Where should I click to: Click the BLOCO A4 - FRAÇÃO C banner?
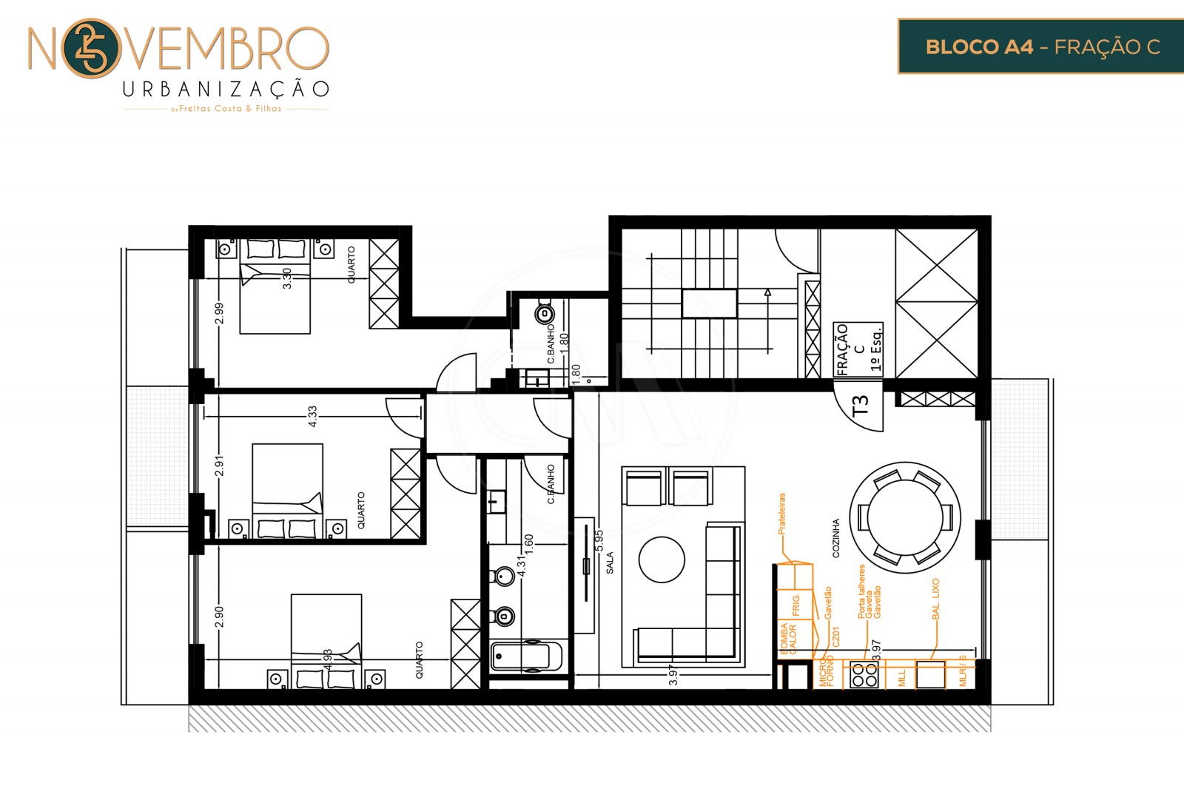(1042, 47)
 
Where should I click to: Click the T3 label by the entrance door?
(860, 405)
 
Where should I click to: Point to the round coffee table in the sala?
(662, 560)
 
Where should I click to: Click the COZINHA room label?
(836, 538)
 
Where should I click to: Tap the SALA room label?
(610, 562)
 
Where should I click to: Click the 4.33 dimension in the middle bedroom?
(312, 416)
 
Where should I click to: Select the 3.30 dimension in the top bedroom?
(287, 278)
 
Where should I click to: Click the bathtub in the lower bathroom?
(526, 656)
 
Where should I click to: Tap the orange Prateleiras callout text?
(781, 514)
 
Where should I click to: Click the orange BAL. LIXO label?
(936, 599)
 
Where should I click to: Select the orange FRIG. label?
(796, 605)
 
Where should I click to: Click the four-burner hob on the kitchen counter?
(864, 675)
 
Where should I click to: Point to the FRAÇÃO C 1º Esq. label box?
(858, 349)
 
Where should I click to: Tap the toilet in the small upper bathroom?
(545, 314)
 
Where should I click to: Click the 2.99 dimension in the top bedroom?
(219, 314)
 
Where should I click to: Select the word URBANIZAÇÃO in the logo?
(226, 90)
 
